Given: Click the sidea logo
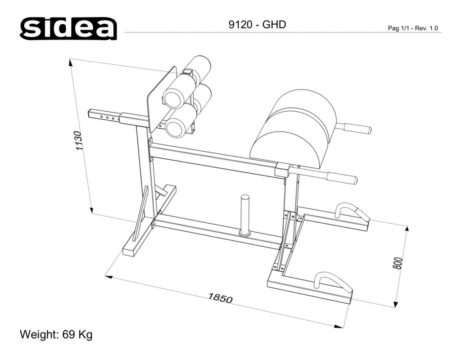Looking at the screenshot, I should click(68, 29).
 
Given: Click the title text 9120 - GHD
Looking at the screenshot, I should click(257, 25).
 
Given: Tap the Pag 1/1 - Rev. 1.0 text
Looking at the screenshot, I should click(413, 28).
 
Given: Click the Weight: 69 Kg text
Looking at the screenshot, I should click(56, 335).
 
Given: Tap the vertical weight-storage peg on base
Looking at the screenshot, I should click(245, 215).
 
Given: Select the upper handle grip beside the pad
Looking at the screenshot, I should click(356, 129).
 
